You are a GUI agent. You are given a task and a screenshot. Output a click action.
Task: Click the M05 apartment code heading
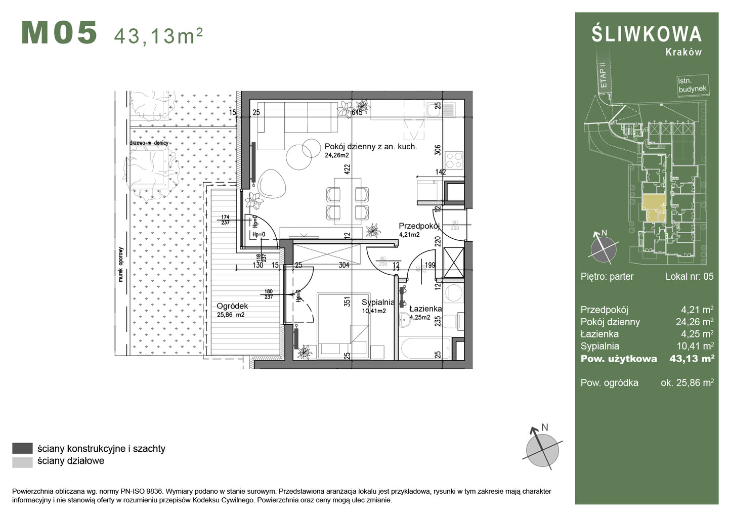59,33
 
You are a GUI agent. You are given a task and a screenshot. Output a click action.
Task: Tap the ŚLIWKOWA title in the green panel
647,34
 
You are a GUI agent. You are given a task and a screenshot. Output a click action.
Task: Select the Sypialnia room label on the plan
377,303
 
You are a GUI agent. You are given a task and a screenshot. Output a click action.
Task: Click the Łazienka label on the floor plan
425,309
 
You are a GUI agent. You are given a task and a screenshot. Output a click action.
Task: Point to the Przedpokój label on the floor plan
418,226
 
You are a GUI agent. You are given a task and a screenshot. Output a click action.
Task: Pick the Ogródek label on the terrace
232,306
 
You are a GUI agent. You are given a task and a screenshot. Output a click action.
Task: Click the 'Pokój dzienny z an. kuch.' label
370,147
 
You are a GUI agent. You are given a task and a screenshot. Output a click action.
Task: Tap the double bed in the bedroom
342,326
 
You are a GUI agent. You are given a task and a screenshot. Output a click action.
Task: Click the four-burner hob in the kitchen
454,160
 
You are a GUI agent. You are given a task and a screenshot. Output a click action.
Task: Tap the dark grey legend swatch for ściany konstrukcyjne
22,449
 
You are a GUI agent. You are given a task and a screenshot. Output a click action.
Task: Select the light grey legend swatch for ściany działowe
22,461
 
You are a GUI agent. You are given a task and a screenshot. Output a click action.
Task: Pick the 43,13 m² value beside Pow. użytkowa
691,359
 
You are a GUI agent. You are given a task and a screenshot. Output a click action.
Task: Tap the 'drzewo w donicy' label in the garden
149,143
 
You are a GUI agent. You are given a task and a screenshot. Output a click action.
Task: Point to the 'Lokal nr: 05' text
689,276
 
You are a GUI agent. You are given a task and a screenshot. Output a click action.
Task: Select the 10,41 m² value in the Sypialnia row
697,347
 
